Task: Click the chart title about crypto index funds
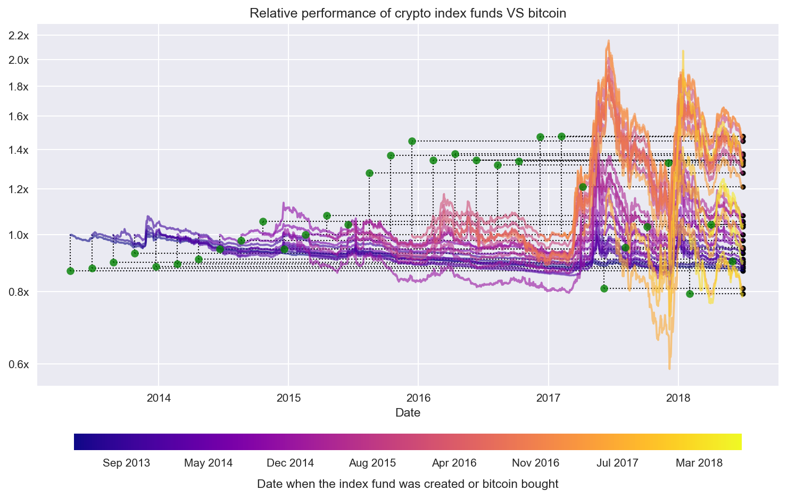pyautogui.click(x=408, y=13)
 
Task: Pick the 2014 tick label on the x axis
pyautogui.click(x=158, y=398)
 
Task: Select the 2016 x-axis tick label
pyautogui.click(x=418, y=398)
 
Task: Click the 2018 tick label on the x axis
pyautogui.click(x=678, y=398)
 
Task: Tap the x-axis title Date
pyautogui.click(x=408, y=413)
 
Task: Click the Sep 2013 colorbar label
pyautogui.click(x=126, y=463)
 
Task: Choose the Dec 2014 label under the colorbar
pyautogui.click(x=290, y=463)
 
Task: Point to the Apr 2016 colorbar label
pyautogui.click(x=454, y=463)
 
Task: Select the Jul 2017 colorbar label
pyautogui.click(x=617, y=463)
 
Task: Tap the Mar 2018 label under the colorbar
pyautogui.click(x=699, y=463)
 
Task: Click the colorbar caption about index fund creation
pyautogui.click(x=408, y=484)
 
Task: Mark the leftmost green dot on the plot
pyautogui.click(x=70, y=271)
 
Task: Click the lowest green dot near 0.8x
pyautogui.click(x=690, y=294)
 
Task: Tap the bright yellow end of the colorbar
pyautogui.click(x=738, y=442)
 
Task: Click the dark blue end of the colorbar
pyautogui.click(x=78, y=442)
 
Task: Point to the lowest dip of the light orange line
pyautogui.click(x=669, y=368)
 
